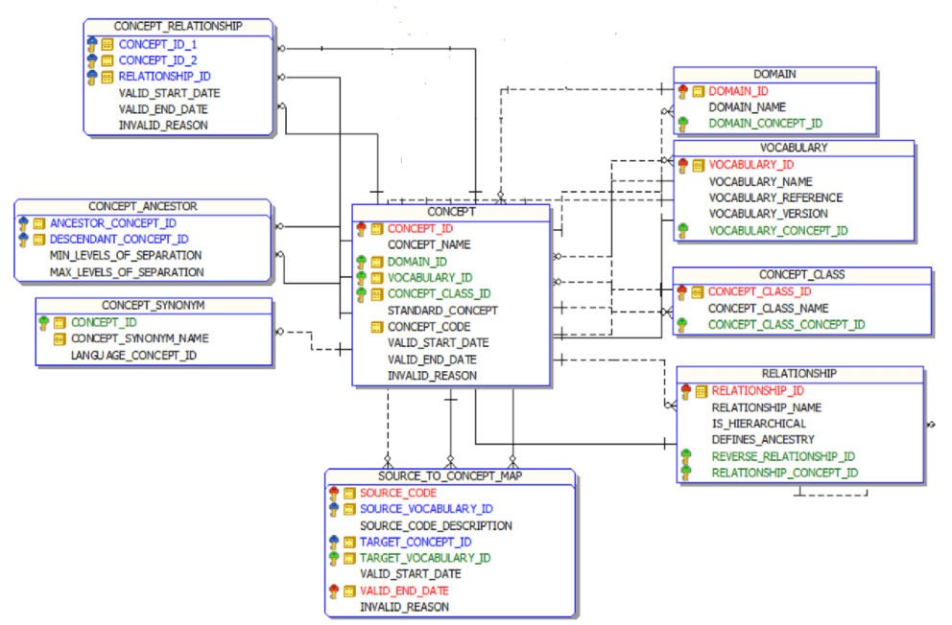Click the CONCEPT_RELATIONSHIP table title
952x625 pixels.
tap(178, 26)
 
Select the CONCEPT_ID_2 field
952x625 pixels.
tap(157, 60)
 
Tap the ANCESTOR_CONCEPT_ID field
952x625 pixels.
tap(112, 223)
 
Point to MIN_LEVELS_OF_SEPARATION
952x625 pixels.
tap(126, 256)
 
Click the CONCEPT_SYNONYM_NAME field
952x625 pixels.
tap(139, 338)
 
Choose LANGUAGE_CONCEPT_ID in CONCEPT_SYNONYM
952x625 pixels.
tap(133, 355)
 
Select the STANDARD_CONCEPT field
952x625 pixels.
tap(442, 311)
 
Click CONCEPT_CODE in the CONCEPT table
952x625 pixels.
tap(428, 327)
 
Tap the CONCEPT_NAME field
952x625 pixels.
tap(429, 244)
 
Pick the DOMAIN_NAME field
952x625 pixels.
tap(747, 107)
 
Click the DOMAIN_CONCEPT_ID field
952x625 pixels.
tap(765, 124)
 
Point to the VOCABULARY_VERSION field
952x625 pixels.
tap(768, 214)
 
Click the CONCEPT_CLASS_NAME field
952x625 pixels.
tap(768, 309)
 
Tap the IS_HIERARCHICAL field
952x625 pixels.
tap(758, 423)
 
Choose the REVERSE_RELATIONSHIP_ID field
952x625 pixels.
tap(783, 456)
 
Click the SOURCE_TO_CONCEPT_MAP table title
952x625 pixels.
tap(449, 475)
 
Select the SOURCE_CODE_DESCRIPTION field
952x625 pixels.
tap(436, 525)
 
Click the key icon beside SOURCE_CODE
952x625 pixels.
tap(334, 493)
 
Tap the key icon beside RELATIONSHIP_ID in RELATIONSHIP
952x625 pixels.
tap(685, 390)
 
